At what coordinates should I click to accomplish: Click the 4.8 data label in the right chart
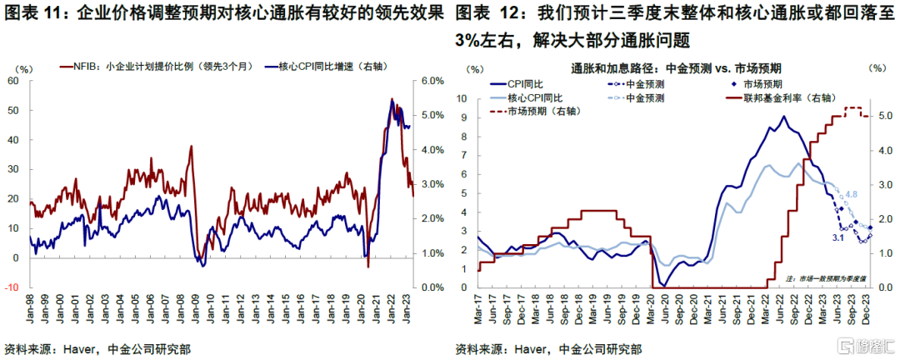[852, 194]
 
